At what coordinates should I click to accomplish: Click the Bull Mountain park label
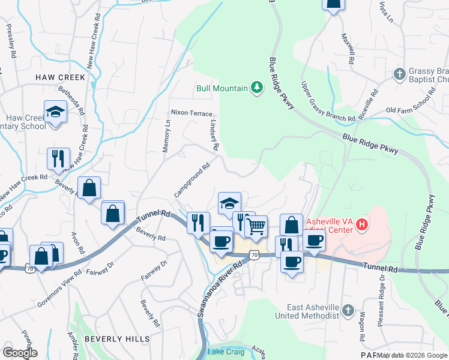tap(222, 88)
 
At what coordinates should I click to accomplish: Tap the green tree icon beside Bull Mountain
tap(257, 88)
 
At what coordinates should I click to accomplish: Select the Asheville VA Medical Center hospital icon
tap(362, 226)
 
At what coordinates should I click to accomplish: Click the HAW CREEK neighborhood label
tap(61, 77)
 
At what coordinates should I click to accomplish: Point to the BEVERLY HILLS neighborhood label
tap(117, 339)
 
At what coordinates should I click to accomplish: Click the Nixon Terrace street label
tap(191, 113)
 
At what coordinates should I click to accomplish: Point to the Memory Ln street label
tap(167, 136)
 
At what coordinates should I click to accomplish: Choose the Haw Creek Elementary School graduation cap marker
tap(56, 112)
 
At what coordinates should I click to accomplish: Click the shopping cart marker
tap(256, 226)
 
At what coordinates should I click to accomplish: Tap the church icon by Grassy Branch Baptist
tap(400, 75)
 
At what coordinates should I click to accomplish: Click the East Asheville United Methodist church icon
tap(348, 309)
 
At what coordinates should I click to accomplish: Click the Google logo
tap(20, 353)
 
